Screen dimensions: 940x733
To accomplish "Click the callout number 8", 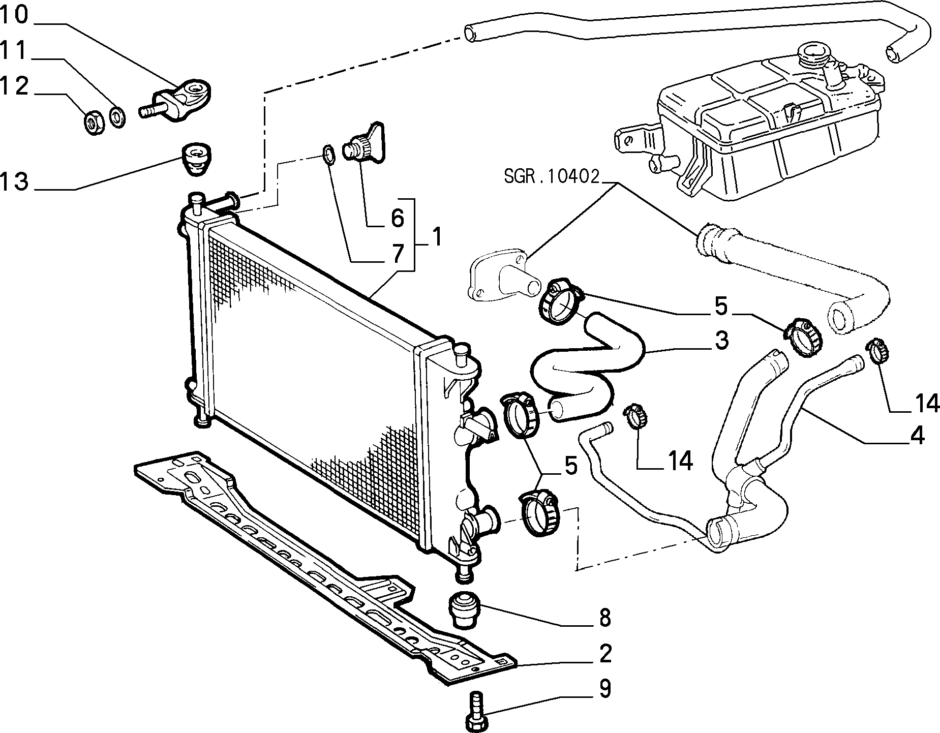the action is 604,618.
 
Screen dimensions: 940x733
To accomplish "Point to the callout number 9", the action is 604,689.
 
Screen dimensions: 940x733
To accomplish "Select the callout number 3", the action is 721,340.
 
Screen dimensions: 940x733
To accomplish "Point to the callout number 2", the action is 604,653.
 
